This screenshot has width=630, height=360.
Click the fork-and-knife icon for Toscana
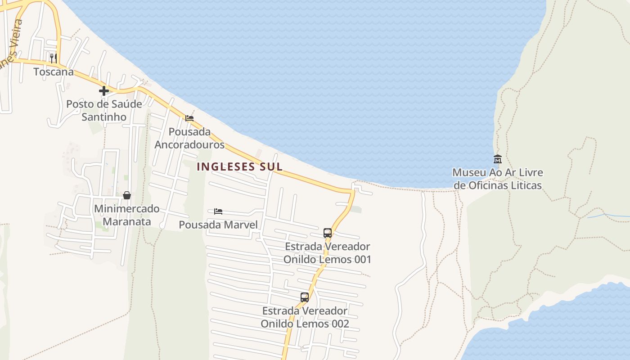coord(53,58)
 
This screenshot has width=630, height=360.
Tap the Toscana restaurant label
coord(54,72)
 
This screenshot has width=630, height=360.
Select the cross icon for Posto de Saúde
coord(104,91)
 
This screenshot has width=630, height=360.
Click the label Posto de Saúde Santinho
coord(104,110)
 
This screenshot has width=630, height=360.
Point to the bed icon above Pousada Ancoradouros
coord(189,118)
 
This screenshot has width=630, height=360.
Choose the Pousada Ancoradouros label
coord(189,138)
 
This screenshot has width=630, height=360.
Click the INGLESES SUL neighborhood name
coord(240,166)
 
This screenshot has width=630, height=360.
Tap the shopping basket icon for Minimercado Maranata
coord(127,195)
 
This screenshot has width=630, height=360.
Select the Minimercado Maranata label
coord(127,215)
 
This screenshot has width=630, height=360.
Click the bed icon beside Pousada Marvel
coord(218,211)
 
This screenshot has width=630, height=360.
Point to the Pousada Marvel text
coord(218,225)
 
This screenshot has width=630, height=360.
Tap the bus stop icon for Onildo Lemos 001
coord(328,233)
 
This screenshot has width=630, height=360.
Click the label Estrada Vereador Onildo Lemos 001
coord(328,253)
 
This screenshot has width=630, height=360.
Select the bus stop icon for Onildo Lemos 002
coord(305,297)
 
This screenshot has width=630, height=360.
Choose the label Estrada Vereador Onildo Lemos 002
coord(305,317)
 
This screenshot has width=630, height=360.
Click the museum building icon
coord(498,159)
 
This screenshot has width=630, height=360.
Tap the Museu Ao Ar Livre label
coord(498,179)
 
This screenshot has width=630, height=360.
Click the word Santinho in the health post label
coord(104,117)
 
